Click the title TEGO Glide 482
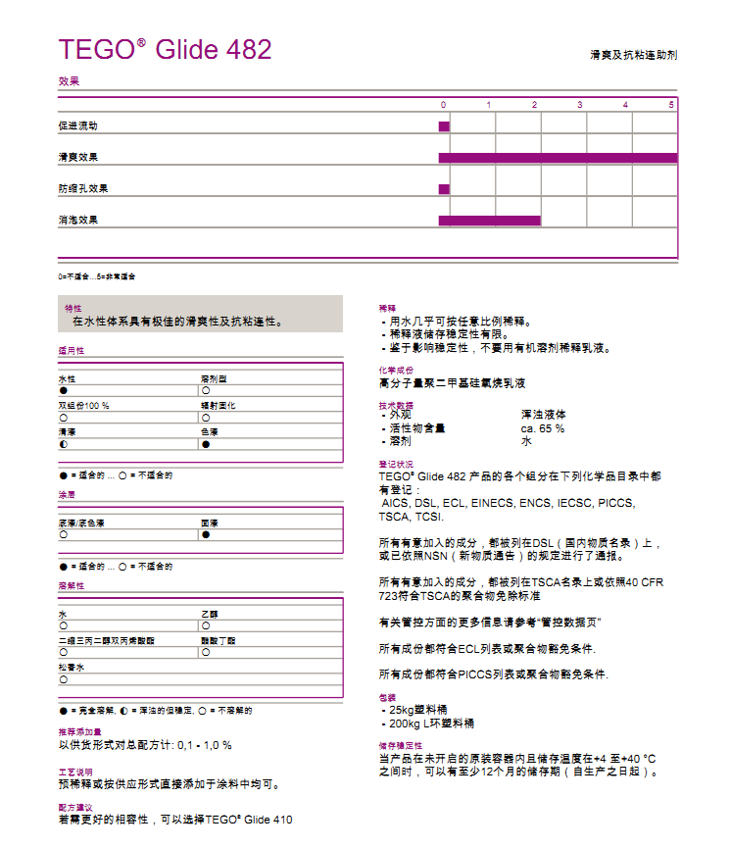tap(165, 50)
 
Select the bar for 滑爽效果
tap(558, 158)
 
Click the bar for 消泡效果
tap(489, 221)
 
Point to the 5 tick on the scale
tap(671, 104)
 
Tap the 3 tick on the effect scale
tap(579, 104)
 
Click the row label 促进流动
tap(78, 126)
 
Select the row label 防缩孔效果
tap(82, 189)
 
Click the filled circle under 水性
tap(63, 390)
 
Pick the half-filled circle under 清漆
tap(63, 443)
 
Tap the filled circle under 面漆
tap(206, 535)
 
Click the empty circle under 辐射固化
tap(205, 417)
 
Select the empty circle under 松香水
tap(63, 678)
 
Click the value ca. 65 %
tap(542, 428)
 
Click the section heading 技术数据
tap(396, 405)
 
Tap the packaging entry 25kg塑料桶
tap(421, 710)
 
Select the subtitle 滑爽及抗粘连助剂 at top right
tap(633, 55)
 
